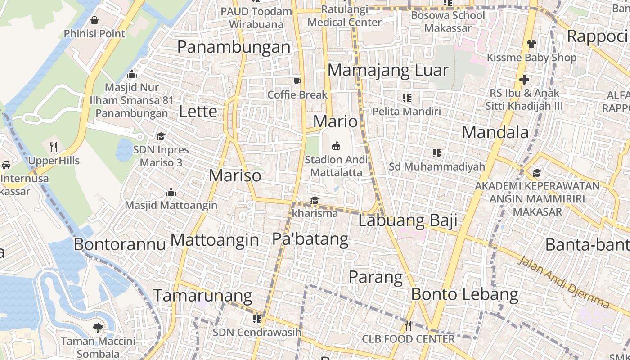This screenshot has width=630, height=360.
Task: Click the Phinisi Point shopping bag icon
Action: tap(94, 20)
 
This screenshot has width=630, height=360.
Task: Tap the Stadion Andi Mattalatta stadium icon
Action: tap(336, 146)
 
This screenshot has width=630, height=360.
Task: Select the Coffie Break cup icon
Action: tap(297, 81)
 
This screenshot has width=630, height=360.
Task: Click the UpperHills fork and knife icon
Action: tap(54, 147)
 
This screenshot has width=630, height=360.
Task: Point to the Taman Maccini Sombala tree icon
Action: tap(98, 328)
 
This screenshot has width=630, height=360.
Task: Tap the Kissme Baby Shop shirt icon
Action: tap(531, 44)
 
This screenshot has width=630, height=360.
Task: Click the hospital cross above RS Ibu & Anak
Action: tap(524, 80)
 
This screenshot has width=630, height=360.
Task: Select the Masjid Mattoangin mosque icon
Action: tap(171, 192)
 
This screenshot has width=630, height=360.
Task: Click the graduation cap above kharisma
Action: tap(315, 200)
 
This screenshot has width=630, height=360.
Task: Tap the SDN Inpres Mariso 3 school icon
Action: tap(161, 136)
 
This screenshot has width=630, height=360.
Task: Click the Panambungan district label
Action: tap(234, 47)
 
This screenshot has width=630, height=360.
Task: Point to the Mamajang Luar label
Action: tap(388, 70)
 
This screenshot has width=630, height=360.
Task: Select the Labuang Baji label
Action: tap(408, 220)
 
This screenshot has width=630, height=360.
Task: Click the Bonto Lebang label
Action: tap(464, 294)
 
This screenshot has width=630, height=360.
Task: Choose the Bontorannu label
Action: tap(119, 244)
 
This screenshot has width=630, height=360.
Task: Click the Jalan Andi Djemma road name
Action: tap(564, 283)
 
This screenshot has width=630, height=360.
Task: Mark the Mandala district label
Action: tap(495, 132)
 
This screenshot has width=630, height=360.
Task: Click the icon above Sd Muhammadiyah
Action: tap(436, 153)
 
